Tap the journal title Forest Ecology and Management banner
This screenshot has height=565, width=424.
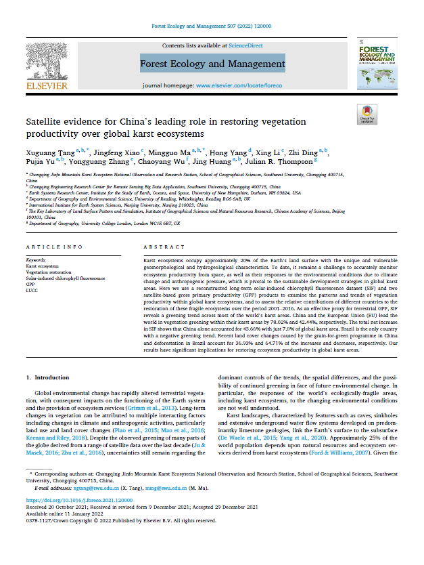point(212,64)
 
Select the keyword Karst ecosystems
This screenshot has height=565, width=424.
point(42,267)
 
